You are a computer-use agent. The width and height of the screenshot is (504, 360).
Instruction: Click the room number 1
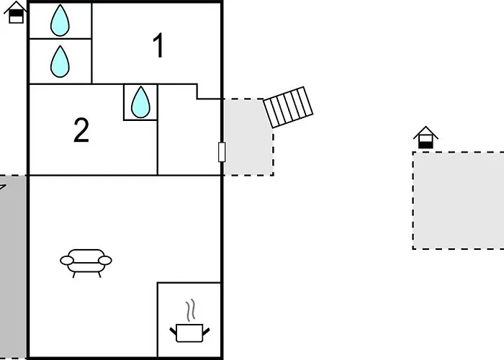[x=158, y=45]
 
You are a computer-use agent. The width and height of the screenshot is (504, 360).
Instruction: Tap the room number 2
[x=81, y=130]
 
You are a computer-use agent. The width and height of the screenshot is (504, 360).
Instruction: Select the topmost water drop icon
[x=60, y=20]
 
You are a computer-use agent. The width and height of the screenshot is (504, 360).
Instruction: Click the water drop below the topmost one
[x=60, y=61]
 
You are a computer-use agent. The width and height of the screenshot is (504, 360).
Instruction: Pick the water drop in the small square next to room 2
[x=140, y=102]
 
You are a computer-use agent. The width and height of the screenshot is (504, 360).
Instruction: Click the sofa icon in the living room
[x=86, y=263]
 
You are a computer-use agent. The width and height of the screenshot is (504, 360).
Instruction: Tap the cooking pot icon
[x=189, y=333]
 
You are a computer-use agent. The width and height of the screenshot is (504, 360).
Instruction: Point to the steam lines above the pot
[x=191, y=310]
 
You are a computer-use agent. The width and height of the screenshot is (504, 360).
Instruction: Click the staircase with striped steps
[x=288, y=107]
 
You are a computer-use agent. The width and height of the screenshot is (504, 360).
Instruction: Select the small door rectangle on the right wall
[x=222, y=152]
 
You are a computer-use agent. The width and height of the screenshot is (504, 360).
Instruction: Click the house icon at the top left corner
[x=15, y=12]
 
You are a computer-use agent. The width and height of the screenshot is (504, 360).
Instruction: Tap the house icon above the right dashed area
[x=426, y=138]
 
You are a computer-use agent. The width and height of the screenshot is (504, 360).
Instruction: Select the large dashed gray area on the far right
[x=459, y=200]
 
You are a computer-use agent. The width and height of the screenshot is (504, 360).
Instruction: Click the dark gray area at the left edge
[x=13, y=267]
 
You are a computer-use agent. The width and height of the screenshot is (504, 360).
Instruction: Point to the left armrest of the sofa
[x=67, y=261]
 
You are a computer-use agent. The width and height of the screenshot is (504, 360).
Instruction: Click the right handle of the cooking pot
[x=206, y=331]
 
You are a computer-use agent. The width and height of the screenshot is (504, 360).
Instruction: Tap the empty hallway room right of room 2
[x=189, y=135]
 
